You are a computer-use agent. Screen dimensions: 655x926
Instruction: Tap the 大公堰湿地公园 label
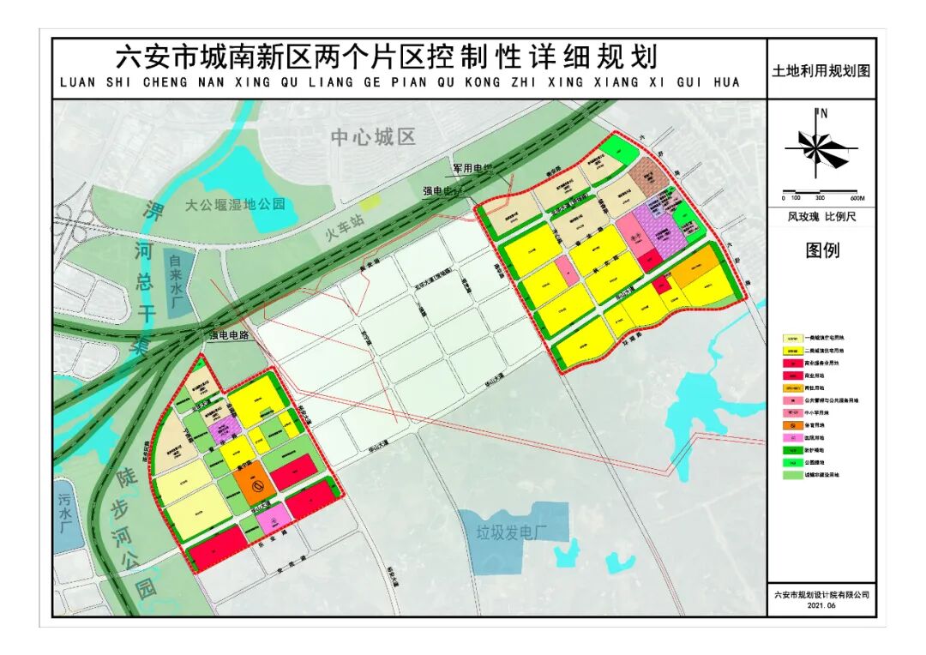click(x=235, y=205)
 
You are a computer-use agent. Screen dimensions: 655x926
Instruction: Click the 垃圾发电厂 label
click(x=512, y=532)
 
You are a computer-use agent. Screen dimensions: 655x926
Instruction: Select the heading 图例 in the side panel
click(x=821, y=250)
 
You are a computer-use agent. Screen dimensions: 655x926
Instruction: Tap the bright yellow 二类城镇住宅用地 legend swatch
click(x=793, y=351)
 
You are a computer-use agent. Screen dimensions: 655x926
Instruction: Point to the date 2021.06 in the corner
click(x=821, y=604)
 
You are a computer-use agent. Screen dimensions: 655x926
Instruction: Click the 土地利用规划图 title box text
click(x=821, y=71)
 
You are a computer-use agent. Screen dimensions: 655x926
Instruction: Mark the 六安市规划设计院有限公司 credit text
click(x=821, y=592)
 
